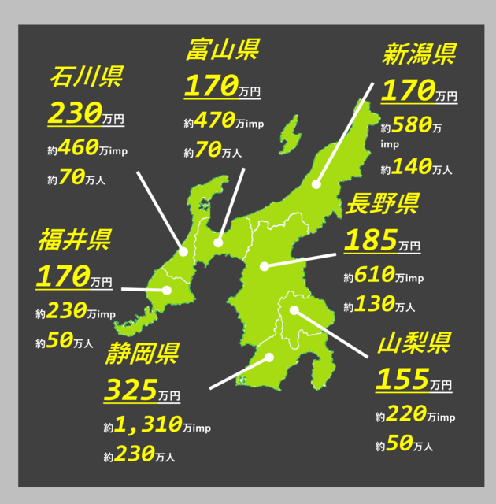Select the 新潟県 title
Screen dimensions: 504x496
click(419, 55)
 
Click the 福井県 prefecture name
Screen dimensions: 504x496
click(75, 239)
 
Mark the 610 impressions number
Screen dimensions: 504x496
click(375, 276)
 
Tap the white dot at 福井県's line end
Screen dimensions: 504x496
click(167, 291)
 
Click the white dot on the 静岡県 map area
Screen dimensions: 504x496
click(269, 358)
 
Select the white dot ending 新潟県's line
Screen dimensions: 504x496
click(316, 185)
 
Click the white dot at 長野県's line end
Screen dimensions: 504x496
click(265, 266)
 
